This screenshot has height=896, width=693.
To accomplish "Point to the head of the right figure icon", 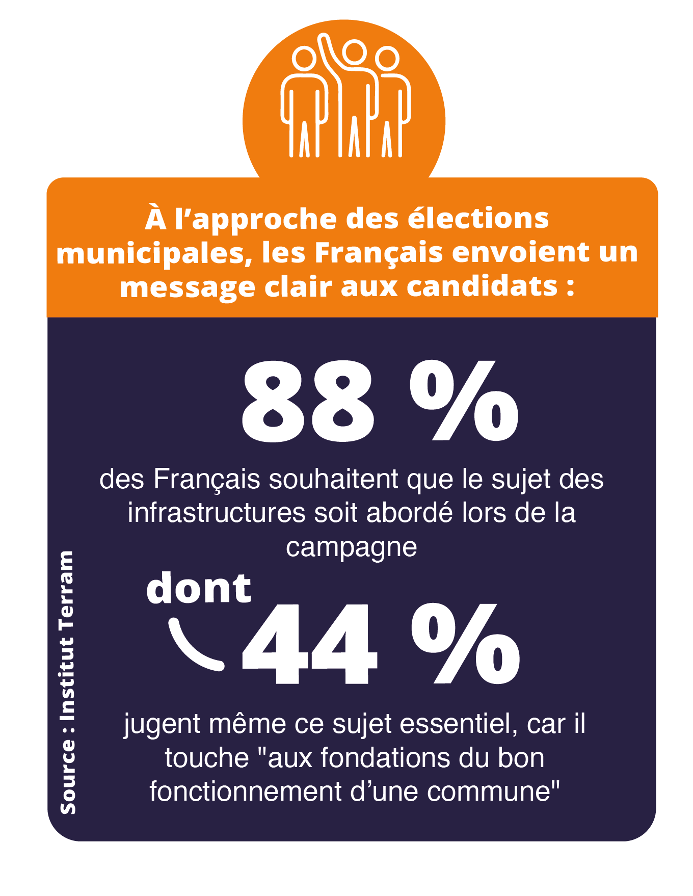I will coord(387,59).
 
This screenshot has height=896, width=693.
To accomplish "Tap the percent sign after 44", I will coord(465,643).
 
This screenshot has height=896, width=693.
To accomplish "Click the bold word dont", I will coord(199,588).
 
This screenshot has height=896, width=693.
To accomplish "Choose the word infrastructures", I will coord(217,513).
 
